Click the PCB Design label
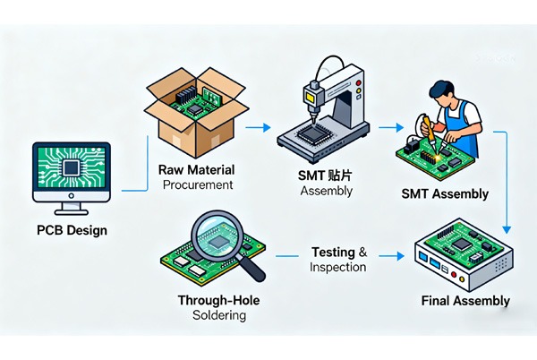pos(72,230)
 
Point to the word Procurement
pos(198,184)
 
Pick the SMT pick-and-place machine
pos(324,112)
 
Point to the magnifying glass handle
pos(254,267)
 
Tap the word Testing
pos(333,252)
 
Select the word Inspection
pos(338,267)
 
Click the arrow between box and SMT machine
pos(256,129)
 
